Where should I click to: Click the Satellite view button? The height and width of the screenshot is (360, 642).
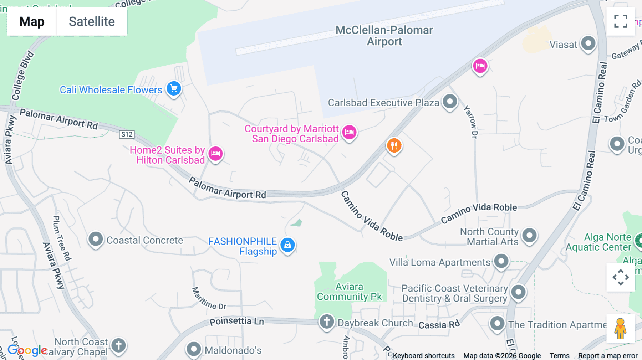(x=92, y=21)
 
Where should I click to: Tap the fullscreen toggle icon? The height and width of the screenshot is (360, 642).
(x=621, y=21)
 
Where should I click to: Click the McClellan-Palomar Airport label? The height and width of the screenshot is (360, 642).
(x=384, y=36)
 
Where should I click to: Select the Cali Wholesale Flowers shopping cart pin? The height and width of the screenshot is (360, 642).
(x=174, y=88)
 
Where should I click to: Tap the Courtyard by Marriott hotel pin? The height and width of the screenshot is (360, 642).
(x=349, y=132)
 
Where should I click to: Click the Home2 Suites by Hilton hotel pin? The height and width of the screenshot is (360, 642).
(x=215, y=154)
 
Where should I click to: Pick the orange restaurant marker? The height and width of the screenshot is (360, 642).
(x=394, y=145)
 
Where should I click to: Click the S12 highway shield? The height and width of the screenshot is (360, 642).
(x=127, y=134)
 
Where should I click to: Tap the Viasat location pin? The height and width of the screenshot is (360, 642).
(x=588, y=44)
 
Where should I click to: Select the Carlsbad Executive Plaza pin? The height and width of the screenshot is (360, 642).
(x=450, y=102)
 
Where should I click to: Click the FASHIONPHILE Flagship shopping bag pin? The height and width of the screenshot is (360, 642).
(x=287, y=245)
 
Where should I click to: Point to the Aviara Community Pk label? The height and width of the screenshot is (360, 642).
(x=349, y=292)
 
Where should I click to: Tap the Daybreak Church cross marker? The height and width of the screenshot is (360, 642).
(x=326, y=322)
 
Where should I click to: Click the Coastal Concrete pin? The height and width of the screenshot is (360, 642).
(x=96, y=239)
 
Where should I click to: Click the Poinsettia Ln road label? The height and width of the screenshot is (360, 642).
(x=236, y=321)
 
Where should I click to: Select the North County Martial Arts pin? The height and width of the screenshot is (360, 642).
(x=529, y=235)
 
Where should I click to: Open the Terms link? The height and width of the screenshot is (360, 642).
(x=559, y=356)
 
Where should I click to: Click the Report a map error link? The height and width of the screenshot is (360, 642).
(x=608, y=356)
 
